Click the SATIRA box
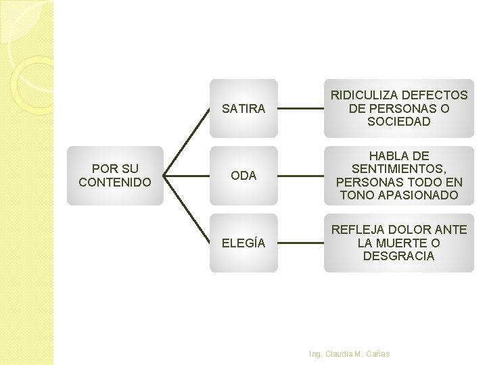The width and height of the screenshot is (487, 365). (243, 108)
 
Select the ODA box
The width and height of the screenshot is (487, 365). (243, 176)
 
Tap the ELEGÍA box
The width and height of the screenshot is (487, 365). (243, 243)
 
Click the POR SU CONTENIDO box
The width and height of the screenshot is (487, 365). (115, 176)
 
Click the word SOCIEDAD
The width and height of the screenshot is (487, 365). (399, 122)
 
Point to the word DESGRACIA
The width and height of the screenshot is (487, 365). (399, 256)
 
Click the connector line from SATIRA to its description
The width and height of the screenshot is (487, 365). (301, 108)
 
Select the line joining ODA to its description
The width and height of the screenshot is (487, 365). (301, 176)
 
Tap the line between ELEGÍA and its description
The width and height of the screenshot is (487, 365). (301, 243)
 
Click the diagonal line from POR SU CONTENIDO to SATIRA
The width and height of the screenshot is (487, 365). (187, 141)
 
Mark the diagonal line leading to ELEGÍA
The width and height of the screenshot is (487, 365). (187, 210)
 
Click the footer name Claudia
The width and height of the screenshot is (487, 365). (338, 354)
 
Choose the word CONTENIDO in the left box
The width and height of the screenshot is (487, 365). (115, 182)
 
